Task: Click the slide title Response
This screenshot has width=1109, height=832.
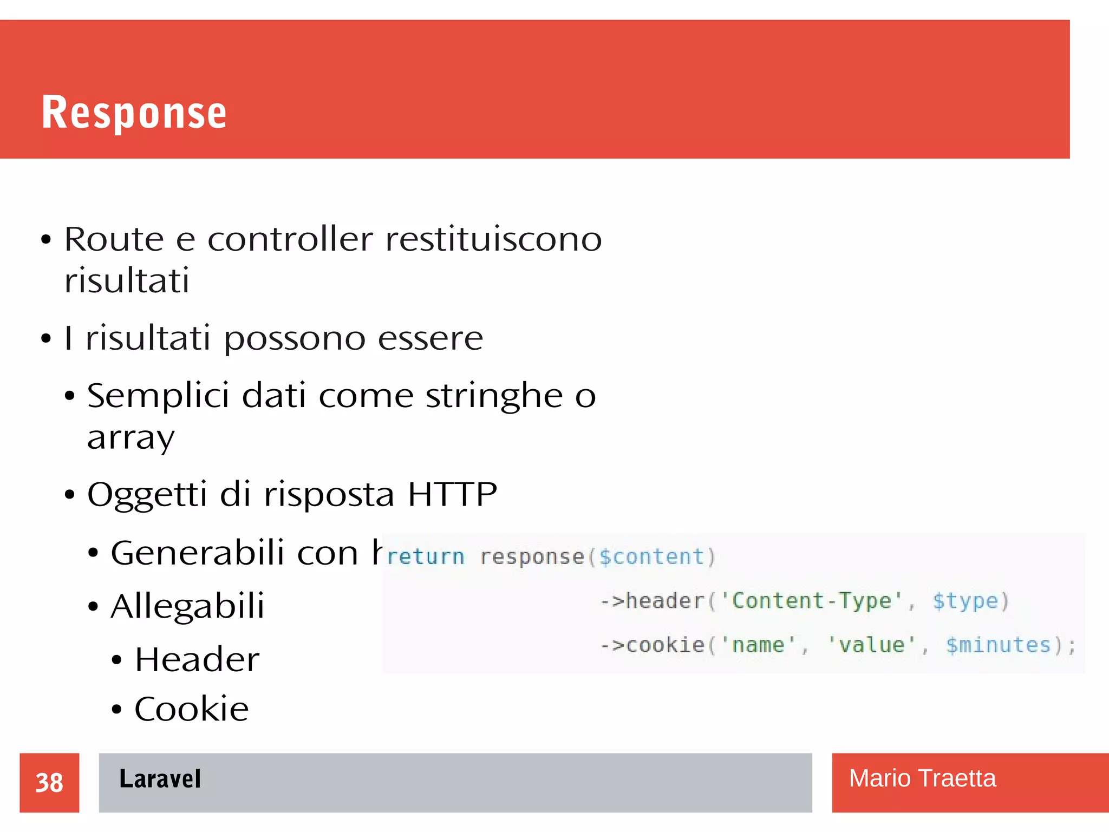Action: (x=134, y=112)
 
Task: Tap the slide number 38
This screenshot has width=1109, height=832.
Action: (x=49, y=783)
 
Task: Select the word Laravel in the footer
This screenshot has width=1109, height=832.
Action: (x=160, y=779)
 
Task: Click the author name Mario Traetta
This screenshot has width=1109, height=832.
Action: (x=922, y=778)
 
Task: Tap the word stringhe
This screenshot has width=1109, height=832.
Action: (x=494, y=396)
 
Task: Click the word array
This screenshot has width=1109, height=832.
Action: (x=131, y=437)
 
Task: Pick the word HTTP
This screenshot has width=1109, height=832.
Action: (x=452, y=494)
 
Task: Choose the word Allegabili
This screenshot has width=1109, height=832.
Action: (x=188, y=606)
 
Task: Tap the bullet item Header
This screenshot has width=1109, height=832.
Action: (x=197, y=659)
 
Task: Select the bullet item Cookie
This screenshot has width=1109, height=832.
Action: (x=192, y=709)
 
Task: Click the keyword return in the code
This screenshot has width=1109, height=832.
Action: (x=426, y=557)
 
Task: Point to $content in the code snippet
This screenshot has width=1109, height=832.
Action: (x=651, y=557)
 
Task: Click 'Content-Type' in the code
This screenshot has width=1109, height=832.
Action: (x=811, y=601)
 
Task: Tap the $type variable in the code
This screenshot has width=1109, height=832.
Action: (x=965, y=601)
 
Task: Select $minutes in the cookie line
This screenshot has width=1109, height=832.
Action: (x=998, y=645)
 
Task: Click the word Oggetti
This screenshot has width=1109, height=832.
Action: (x=147, y=494)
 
